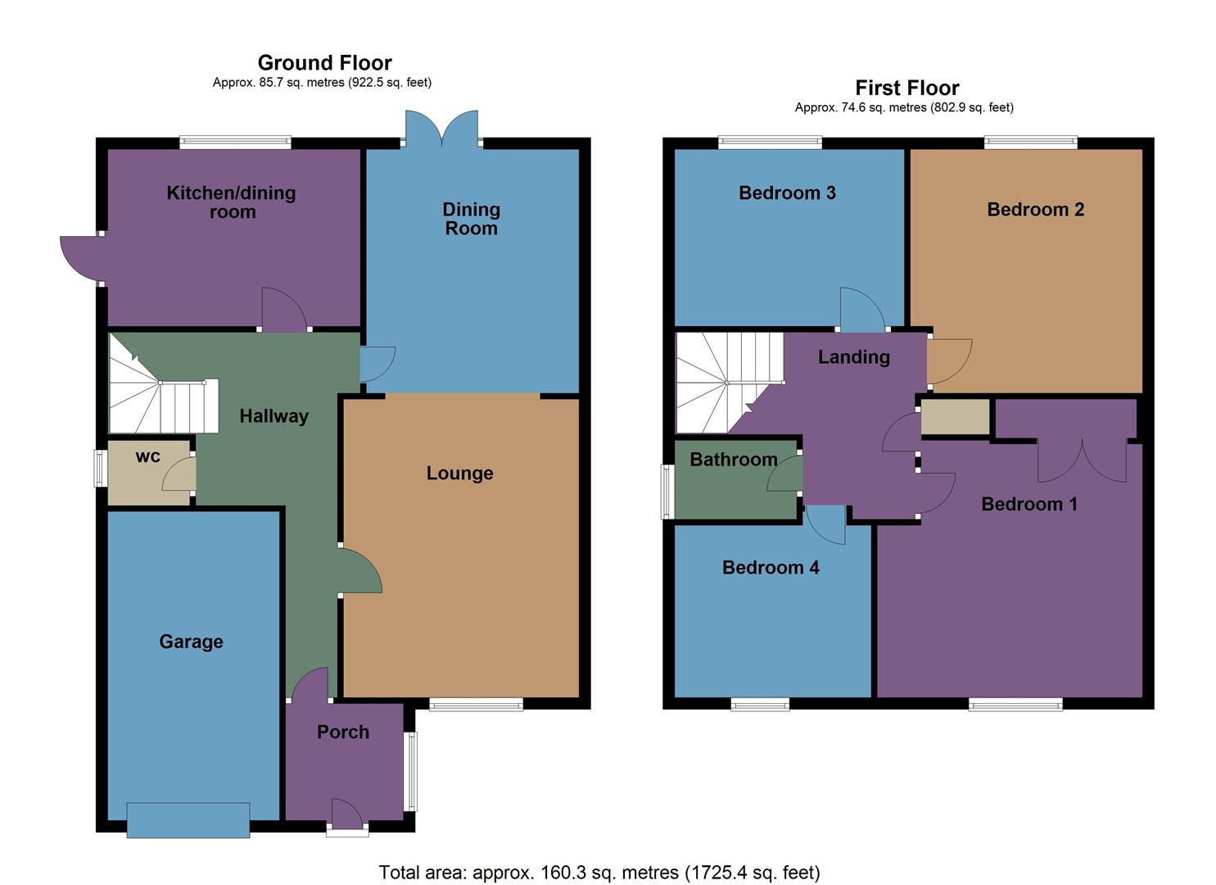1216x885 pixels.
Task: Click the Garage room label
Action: pyautogui.click(x=191, y=642)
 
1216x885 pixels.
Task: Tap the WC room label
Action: pyautogui.click(x=148, y=456)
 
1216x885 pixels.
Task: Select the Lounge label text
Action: pyautogui.click(x=459, y=473)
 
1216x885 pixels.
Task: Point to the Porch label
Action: pyautogui.click(x=343, y=732)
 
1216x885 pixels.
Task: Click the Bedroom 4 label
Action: pyautogui.click(x=771, y=567)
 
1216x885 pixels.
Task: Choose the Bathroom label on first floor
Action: pyautogui.click(x=734, y=459)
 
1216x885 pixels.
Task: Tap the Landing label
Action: pyautogui.click(x=853, y=356)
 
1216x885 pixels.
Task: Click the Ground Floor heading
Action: pyautogui.click(x=324, y=62)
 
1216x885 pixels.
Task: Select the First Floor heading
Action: pyautogui.click(x=907, y=88)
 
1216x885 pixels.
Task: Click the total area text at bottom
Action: pyautogui.click(x=599, y=872)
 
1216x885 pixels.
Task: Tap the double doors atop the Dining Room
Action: pyautogui.click(x=442, y=129)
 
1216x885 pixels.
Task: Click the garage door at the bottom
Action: pyautogui.click(x=188, y=819)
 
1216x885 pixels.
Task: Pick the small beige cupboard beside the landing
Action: pyautogui.click(x=956, y=417)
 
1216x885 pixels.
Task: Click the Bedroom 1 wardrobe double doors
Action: pyautogui.click(x=1082, y=461)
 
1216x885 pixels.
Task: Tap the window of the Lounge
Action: pyautogui.click(x=476, y=704)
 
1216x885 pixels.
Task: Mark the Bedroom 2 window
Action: pyautogui.click(x=1031, y=143)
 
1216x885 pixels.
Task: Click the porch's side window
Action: pyautogui.click(x=412, y=770)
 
